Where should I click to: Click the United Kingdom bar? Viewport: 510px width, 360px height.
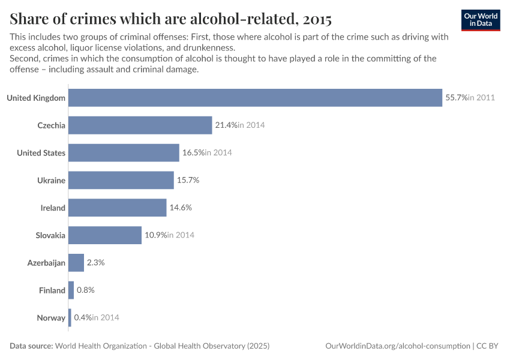255,98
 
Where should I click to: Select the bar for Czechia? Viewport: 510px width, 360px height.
140,125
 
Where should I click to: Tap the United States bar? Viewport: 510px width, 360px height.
124,153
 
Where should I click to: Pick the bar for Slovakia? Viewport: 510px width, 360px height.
105,235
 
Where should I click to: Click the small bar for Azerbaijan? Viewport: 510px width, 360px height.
76,263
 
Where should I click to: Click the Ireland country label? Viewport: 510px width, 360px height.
53,208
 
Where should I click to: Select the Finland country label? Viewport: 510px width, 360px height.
52,290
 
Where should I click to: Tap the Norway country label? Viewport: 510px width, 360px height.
51,318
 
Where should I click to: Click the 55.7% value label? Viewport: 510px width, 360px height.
455,98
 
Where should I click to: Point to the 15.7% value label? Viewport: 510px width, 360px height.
188,180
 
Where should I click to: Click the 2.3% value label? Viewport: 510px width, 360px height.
96,263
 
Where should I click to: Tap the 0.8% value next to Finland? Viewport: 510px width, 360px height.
86,290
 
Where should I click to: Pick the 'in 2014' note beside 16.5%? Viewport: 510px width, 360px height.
218,153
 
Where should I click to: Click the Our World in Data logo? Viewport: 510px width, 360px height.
481,20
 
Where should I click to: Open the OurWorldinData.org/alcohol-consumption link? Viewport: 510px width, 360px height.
397,346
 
